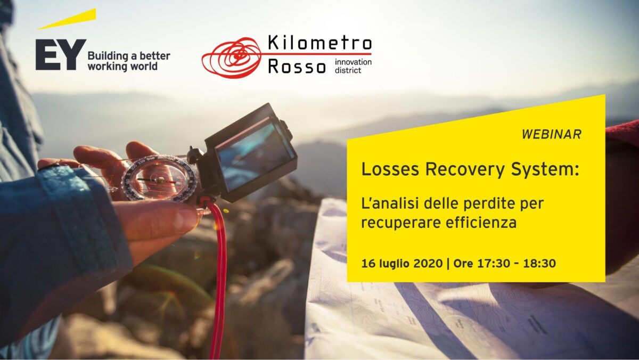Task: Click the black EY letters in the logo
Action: (61, 54)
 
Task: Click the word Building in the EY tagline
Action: (108, 56)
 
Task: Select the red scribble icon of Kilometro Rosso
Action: (231, 58)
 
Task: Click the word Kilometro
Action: (320, 43)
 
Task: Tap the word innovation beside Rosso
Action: (353, 62)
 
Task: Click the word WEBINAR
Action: (552, 134)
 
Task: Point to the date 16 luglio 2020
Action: (402, 263)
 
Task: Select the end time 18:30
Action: (540, 263)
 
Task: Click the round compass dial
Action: (158, 179)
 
